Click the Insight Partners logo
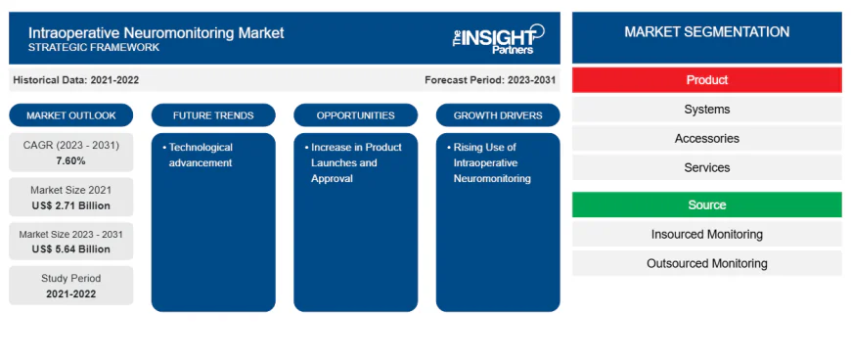tap(494, 39)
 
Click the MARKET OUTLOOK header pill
tap(70, 115)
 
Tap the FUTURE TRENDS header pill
tap(213, 115)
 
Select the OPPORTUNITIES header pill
tap(355, 115)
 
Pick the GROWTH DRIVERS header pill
tap(498, 115)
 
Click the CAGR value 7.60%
tap(70, 160)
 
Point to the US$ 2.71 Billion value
tap(70, 205)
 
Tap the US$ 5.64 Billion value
tap(70, 249)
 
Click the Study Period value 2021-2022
tap(70, 293)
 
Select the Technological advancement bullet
tap(201, 155)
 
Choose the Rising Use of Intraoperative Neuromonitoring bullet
tap(492, 162)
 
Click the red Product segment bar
tap(706, 80)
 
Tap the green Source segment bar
tap(706, 204)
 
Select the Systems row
tap(706, 110)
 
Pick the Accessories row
tap(706, 139)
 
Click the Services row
tap(706, 167)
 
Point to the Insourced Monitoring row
tap(706, 234)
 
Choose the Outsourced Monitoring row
tap(706, 263)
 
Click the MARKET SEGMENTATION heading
tap(706, 32)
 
